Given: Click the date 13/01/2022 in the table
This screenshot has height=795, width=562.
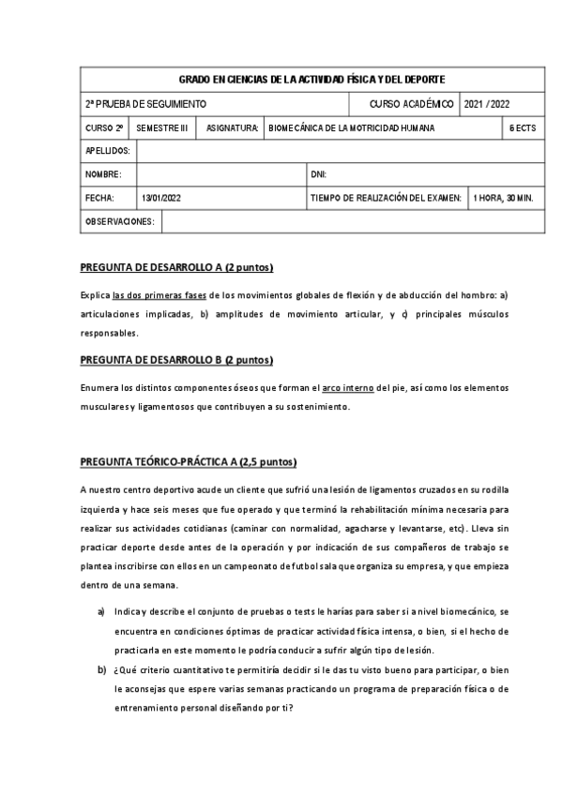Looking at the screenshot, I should point(161,199).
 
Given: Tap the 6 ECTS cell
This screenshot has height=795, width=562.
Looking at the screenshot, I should point(523,127).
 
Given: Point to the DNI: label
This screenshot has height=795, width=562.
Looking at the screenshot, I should point(318,175).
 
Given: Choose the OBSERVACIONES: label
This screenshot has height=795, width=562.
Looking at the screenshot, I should point(119,222).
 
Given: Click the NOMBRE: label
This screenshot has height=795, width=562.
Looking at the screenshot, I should point(103,175).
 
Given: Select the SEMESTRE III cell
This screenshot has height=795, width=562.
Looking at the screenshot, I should point(162,127).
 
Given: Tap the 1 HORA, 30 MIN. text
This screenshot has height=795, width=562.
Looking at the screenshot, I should point(503,199).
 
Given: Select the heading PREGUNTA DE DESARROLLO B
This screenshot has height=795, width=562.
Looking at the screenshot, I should point(176,360).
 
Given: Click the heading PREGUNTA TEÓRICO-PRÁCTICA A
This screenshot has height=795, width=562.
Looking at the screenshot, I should point(189,462).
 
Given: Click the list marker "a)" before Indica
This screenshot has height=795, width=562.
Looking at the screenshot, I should point(101,610).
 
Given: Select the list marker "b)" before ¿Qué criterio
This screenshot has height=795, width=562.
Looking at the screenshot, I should point(101,669).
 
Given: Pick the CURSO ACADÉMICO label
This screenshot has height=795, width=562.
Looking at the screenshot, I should point(412,103).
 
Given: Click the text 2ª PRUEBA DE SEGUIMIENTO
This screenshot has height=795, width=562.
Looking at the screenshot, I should point(145,103).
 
